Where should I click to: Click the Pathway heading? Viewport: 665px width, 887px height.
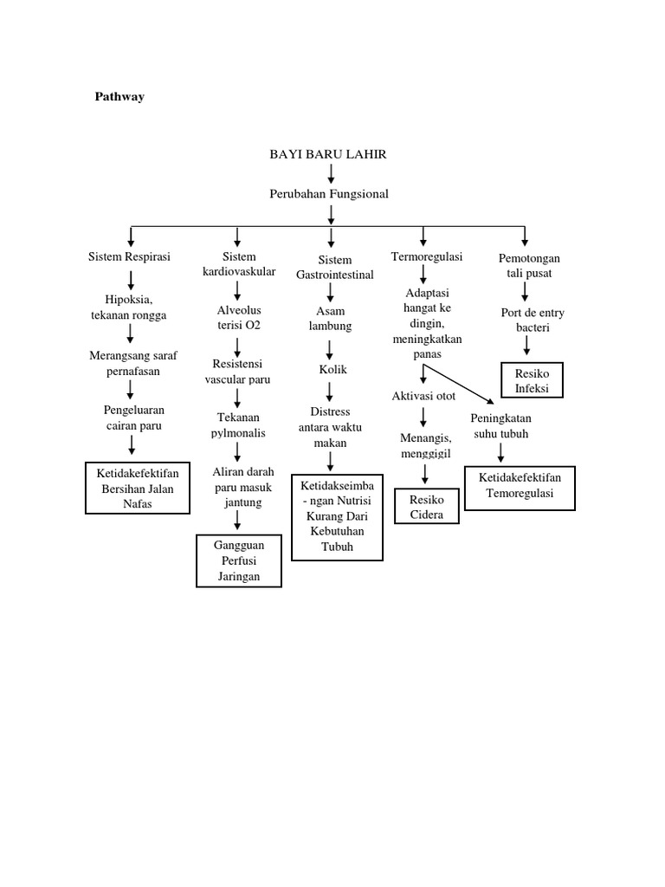119,97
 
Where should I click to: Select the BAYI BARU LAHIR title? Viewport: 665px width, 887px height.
328,154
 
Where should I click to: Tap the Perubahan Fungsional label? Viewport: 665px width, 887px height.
329,194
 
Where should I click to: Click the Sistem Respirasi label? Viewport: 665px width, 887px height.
130,257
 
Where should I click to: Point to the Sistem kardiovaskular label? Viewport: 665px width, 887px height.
239,264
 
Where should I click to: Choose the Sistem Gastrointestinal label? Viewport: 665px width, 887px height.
335,267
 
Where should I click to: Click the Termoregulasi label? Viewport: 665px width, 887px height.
427,257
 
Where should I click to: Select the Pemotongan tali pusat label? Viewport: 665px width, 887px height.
529,266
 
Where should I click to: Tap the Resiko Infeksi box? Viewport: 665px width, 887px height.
532,380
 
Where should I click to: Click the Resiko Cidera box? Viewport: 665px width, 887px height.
427,507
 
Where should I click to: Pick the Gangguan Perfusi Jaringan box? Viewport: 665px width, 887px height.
239,561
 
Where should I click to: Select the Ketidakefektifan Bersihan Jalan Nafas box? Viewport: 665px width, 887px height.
137,489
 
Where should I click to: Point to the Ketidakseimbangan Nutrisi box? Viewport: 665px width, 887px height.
337,517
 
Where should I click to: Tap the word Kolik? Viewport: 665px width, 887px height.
333,370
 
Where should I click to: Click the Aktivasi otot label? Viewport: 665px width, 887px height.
424,396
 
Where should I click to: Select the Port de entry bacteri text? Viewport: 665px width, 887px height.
527,320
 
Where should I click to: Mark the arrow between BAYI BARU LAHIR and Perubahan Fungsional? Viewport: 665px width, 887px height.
331,173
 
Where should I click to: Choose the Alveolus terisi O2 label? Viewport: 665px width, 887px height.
239,318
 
